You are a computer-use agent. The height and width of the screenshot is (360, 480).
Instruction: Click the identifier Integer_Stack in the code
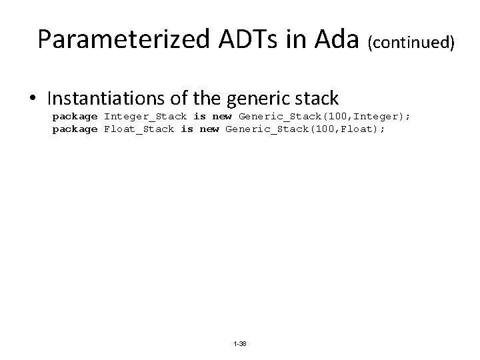[145, 117]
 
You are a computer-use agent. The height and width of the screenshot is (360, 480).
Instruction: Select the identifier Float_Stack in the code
[139, 129]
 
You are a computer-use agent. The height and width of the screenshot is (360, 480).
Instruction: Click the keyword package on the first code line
[75, 117]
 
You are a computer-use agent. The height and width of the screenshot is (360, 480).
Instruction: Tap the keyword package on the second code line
[75, 129]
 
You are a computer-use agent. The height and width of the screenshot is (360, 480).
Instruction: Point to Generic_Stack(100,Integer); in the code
[324, 117]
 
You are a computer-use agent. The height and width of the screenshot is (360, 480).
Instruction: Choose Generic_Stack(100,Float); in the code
[305, 129]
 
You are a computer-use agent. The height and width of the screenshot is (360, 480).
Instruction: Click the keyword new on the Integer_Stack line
[222, 117]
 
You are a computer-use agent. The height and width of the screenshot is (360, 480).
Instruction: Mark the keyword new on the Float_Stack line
[209, 129]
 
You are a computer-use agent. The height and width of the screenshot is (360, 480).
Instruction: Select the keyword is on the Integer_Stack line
[199, 117]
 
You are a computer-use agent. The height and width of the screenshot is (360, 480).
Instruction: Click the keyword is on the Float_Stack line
[187, 129]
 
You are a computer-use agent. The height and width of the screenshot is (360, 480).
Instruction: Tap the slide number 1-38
[239, 344]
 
